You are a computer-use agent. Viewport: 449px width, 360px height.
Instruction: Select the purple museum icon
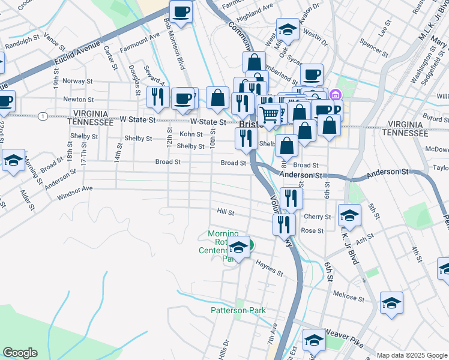click(x=335, y=94)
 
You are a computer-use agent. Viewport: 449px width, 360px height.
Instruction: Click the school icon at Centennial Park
click(x=238, y=247)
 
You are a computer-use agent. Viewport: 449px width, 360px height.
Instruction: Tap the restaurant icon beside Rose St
click(x=283, y=224)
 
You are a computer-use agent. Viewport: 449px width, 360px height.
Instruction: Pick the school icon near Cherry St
click(x=349, y=214)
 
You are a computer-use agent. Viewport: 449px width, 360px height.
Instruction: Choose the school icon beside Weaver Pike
click(x=313, y=340)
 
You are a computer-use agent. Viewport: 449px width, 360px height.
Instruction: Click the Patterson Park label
click(x=238, y=310)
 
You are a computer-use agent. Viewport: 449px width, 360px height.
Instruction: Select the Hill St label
click(x=225, y=212)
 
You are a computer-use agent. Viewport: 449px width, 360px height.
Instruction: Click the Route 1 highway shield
click(x=43, y=116)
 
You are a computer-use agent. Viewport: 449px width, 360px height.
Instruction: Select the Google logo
click(x=20, y=353)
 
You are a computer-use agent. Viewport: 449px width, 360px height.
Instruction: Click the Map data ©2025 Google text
click(x=411, y=355)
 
